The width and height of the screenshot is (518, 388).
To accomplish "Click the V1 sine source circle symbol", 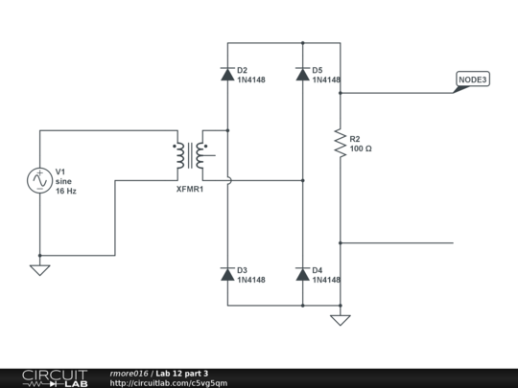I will pyautogui.click(x=40, y=179).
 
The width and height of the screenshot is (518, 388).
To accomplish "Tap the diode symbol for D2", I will pyautogui.click(x=227, y=74).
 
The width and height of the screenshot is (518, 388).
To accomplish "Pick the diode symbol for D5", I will pyautogui.click(x=303, y=74).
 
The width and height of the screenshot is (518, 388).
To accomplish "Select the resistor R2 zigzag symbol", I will pyautogui.click(x=340, y=144).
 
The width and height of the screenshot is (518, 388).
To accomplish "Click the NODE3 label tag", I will pyautogui.click(x=472, y=80).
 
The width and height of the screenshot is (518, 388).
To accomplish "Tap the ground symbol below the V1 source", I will pyautogui.click(x=40, y=269).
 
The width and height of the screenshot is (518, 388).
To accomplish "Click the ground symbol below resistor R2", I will pyautogui.click(x=340, y=319).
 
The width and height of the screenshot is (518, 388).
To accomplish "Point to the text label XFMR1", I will pyautogui.click(x=190, y=189).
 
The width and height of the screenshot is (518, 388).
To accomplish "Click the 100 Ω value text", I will pyautogui.click(x=361, y=149).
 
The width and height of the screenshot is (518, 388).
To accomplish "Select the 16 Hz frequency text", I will pyautogui.click(x=66, y=192).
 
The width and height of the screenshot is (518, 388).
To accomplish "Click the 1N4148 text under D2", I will pyautogui.click(x=250, y=80).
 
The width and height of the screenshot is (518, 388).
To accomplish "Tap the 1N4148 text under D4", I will pyautogui.click(x=326, y=280).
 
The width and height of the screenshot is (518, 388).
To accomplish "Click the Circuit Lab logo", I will pyautogui.click(x=56, y=377).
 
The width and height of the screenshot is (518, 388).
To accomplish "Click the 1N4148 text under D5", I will pyautogui.click(x=326, y=80).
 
